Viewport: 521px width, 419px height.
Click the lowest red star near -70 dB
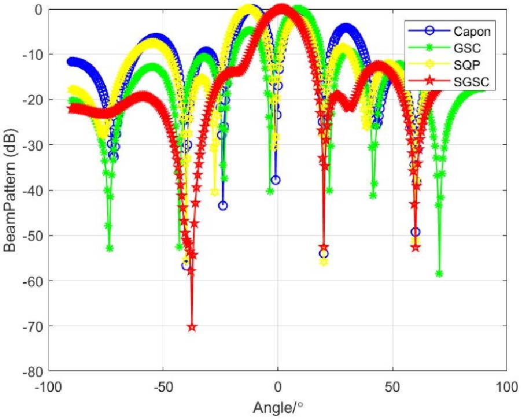192,327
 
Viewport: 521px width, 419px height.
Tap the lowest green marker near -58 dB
439,274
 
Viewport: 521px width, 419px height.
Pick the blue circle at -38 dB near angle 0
276,180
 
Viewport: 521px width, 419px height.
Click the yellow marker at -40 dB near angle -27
215,192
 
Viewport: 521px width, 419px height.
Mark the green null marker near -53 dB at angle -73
109,248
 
